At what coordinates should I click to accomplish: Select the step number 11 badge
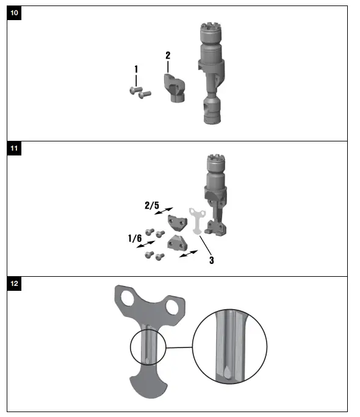(x=14, y=149)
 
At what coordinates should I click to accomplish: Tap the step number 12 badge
(x=14, y=284)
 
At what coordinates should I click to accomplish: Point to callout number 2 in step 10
(x=168, y=55)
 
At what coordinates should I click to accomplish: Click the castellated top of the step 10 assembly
(x=211, y=31)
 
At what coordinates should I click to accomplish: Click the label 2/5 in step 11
(x=151, y=206)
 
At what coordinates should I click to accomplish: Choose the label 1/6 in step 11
(x=135, y=238)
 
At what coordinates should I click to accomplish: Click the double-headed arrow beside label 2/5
(x=163, y=210)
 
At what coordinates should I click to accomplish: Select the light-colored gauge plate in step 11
(x=196, y=220)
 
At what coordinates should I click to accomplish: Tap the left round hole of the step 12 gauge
(x=129, y=299)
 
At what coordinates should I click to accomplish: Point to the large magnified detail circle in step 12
(x=230, y=347)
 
